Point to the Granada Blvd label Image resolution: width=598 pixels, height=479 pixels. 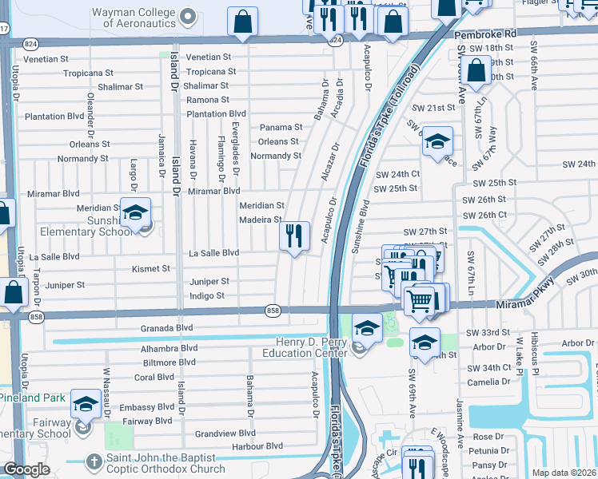(x=167, y=327)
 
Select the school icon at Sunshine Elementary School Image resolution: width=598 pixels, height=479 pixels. (x=136, y=212)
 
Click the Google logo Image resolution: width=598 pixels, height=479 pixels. (x=26, y=469)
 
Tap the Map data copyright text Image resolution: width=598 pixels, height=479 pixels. (x=564, y=473)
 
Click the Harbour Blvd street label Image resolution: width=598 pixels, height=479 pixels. (x=263, y=446)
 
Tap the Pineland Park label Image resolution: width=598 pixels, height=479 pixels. (x=33, y=398)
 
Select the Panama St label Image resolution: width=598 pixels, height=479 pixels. (x=281, y=127)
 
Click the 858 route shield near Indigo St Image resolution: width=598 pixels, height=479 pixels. (x=273, y=310)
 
